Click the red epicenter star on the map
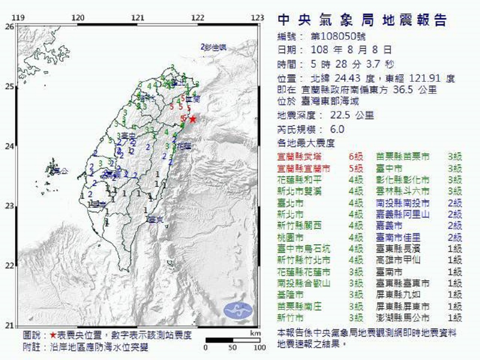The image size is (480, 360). click(193, 119)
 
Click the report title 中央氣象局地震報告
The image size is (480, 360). click(362, 20)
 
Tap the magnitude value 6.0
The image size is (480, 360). click(337, 129)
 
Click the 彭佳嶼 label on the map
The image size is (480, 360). click(214, 48)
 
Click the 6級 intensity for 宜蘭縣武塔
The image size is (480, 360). click(356, 157)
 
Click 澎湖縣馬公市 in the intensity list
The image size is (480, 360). click(403, 318)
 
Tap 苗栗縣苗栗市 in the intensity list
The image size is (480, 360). click(403, 157)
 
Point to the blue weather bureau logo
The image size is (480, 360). click(238, 311)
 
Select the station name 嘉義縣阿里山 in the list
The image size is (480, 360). click(403, 214)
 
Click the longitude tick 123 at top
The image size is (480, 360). click(258, 18)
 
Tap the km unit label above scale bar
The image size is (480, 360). click(253, 333)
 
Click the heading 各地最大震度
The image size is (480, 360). click(306, 142)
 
